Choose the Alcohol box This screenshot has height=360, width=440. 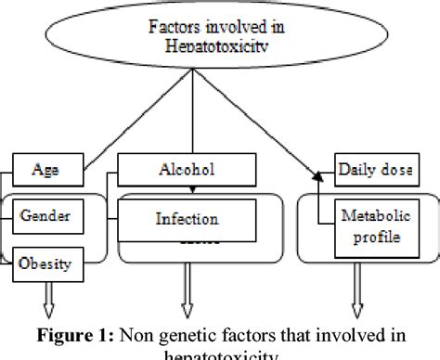tap(186, 171)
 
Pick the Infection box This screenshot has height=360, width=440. tap(187, 221)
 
